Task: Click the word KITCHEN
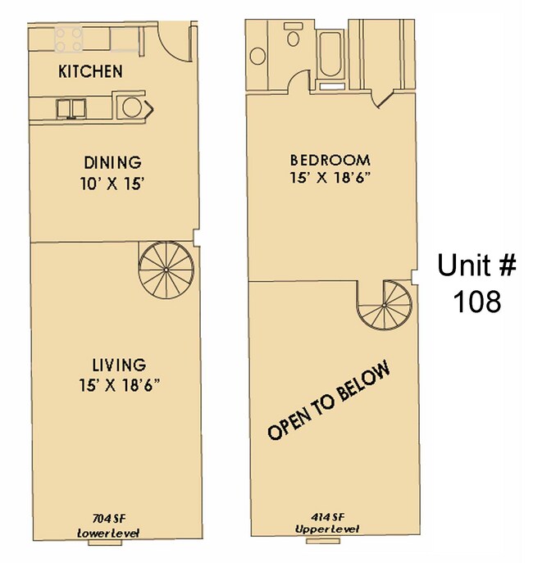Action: pos(90,71)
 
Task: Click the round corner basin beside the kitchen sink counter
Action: pos(129,107)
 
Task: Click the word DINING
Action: pos(113,162)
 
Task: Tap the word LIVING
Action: pos(118,364)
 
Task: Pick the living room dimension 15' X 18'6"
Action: pos(118,385)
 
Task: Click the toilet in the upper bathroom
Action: pos(293,39)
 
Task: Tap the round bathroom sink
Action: pos(257,56)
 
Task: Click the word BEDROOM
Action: pos(330,159)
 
